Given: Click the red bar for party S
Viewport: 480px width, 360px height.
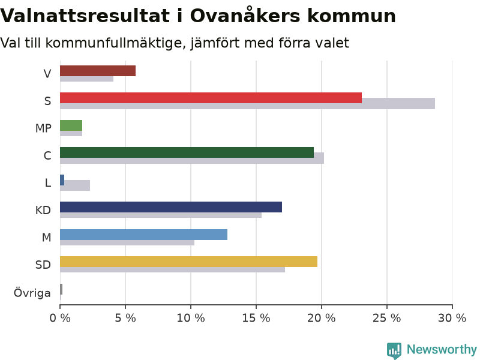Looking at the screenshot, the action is click(211, 98).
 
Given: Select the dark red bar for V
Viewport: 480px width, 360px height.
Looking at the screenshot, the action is click(98, 71).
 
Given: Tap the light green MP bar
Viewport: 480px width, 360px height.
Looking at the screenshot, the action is click(71, 125).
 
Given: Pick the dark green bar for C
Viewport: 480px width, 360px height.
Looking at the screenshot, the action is click(187, 152).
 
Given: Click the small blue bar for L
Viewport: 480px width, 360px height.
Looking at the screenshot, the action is click(62, 180).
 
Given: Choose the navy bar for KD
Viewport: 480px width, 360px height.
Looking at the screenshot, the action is click(171, 207).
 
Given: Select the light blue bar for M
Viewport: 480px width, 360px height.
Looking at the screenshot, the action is click(143, 235).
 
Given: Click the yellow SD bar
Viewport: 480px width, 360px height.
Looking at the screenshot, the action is click(188, 262).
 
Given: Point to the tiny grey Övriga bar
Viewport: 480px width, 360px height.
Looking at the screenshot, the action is click(61, 289).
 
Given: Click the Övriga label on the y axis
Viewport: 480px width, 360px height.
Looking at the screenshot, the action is click(32, 293).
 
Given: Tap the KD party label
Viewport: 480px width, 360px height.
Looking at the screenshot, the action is click(43, 211).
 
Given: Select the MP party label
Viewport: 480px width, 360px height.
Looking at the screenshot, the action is click(43, 128).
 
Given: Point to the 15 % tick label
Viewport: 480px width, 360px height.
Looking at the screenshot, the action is click(256, 319).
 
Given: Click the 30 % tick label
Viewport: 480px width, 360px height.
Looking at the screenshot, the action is click(452, 319).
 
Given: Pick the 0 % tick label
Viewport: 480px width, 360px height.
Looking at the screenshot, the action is click(60, 319).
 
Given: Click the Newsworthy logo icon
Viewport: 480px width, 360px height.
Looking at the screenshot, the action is click(394, 350).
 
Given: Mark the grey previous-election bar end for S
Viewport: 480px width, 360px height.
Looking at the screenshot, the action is click(434, 103).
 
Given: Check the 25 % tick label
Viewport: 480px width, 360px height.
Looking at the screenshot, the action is click(386, 319).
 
